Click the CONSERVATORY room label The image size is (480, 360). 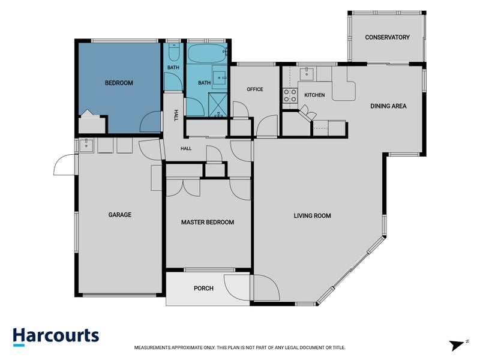click(x=387, y=37)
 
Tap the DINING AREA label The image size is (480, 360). click(x=388, y=106)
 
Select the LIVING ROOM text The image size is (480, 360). click(x=312, y=216)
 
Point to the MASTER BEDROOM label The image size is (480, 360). click(x=208, y=222)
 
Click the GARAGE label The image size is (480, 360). click(x=119, y=215)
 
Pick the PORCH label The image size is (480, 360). click(x=203, y=289)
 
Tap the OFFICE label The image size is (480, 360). click(x=255, y=89)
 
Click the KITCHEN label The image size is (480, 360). click(x=314, y=95)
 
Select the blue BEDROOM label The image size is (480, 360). click(x=119, y=83)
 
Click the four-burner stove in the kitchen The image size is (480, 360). click(x=290, y=95)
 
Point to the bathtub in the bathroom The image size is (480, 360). click(x=206, y=53)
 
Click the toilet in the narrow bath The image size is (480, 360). click(x=174, y=52)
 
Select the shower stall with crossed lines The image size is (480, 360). click(x=218, y=104)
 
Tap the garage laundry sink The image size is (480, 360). click(x=86, y=145)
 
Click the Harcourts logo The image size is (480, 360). click(x=56, y=337)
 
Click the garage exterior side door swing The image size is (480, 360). click(x=65, y=164)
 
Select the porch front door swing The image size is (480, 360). click(x=237, y=288)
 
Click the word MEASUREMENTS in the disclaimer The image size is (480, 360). click(x=152, y=348)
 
